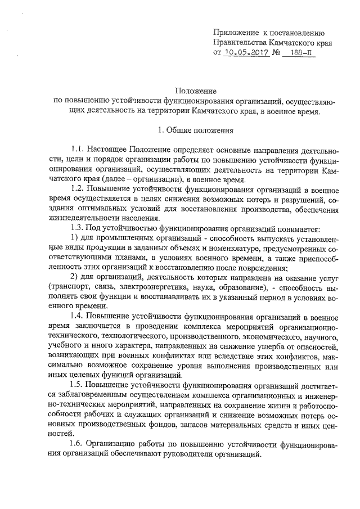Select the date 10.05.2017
[x=247, y=53]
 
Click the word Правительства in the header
[x=240, y=43]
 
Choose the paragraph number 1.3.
[x=78, y=229]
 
